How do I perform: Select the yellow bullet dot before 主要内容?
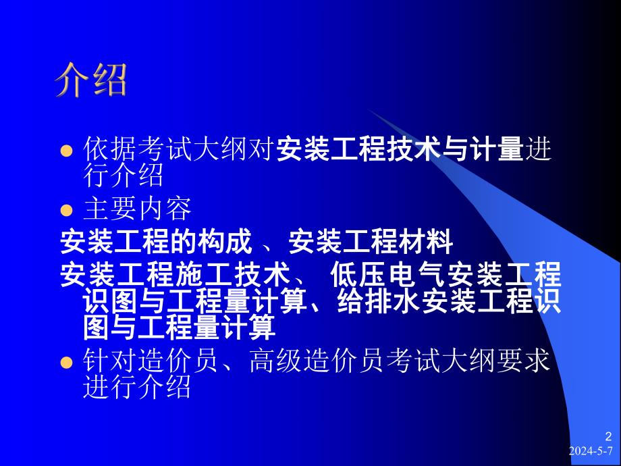point(66,211)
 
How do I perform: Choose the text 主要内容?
point(138,209)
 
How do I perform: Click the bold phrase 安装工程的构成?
point(156,241)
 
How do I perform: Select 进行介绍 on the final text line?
point(137,388)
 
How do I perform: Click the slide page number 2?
point(607,436)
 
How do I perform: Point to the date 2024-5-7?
point(592,451)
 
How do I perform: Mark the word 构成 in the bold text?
point(232,241)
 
